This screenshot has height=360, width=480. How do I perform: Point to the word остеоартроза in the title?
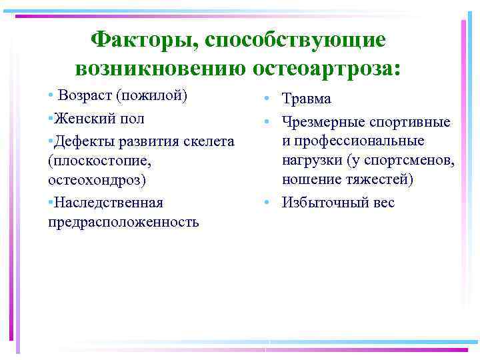coord(327,68)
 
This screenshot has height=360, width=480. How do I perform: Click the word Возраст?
coord(85,95)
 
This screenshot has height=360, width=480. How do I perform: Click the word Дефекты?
coord(83,141)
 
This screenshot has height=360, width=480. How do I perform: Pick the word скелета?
coord(207,141)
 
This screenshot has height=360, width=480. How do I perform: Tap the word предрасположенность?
coord(123,222)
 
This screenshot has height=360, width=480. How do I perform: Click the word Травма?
coord(306,99)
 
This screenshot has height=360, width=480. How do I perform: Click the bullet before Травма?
coord(265,99)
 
